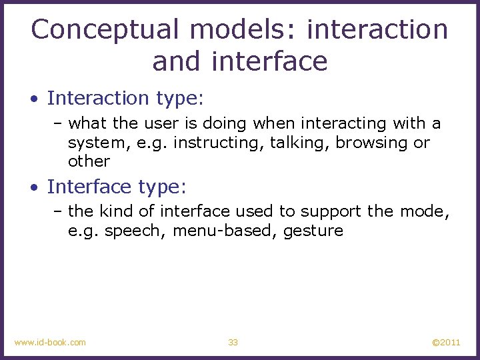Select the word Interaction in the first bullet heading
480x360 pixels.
tap(99, 99)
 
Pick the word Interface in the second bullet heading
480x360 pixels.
tap(91, 187)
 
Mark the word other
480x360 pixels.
tap(89, 161)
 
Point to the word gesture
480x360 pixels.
tap(313, 231)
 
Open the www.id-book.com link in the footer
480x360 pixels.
tap(50, 342)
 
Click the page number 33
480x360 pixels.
tap(233, 342)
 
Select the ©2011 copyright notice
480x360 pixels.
tap(445, 342)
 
